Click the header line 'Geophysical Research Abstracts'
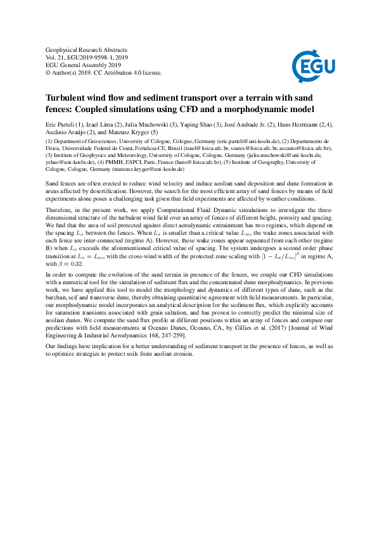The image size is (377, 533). pyautogui.click(x=87, y=49)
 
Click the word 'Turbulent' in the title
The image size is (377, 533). pyautogui.click(x=67, y=99)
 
